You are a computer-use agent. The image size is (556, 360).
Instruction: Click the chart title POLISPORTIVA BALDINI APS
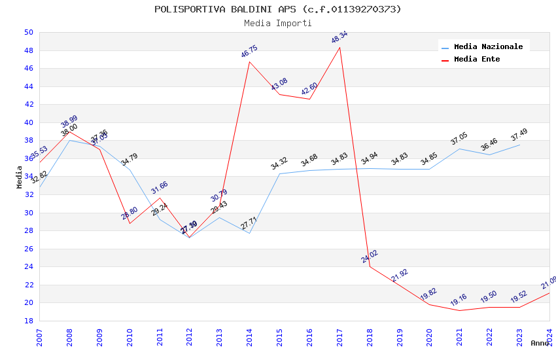pos(277,9)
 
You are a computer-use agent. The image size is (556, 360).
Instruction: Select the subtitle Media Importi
pos(277,23)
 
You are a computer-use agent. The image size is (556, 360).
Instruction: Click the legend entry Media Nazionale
pos(488,46)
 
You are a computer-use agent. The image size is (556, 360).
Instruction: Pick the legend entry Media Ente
pos(476,59)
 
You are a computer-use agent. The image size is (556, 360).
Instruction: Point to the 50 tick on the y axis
pos(28,32)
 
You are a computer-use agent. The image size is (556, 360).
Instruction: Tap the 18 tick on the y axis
pos(28,321)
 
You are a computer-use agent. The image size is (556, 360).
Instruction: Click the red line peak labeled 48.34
pos(339,47)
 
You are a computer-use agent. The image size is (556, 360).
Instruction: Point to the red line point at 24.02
pos(370,266)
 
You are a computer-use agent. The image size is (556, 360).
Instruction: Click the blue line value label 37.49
pos(519,135)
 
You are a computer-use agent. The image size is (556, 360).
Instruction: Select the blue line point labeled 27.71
pos(249,233)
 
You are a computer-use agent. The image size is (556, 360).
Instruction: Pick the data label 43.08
pos(279,84)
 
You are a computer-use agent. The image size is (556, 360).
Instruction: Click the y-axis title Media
pos(20,177)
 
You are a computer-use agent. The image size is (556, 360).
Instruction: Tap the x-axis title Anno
pos(540,343)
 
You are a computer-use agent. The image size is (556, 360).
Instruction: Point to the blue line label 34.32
pos(279,164)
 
